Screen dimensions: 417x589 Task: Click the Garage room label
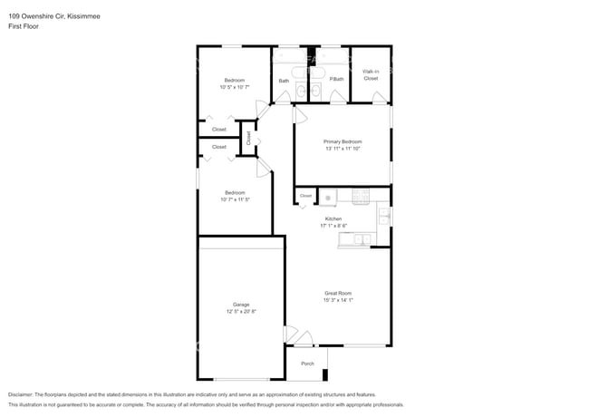click(x=240, y=305)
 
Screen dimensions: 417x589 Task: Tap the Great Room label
click(x=338, y=293)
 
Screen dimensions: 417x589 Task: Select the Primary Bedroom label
click(x=343, y=141)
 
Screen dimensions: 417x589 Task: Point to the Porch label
click(x=307, y=364)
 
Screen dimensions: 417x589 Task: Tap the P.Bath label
click(x=335, y=80)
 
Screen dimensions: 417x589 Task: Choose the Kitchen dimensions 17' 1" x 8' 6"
click(x=333, y=226)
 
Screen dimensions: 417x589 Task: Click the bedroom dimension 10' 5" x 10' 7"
click(x=234, y=87)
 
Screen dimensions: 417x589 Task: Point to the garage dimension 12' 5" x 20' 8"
click(x=240, y=311)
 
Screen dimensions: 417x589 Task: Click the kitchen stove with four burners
click(x=360, y=194)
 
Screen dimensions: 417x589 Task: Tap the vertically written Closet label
click(x=248, y=138)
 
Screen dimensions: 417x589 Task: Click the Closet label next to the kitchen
click(x=305, y=195)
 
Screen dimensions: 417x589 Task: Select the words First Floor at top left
click(x=23, y=26)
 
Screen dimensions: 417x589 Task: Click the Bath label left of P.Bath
click(x=284, y=81)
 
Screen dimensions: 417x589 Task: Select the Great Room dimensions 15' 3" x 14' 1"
click(x=338, y=299)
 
